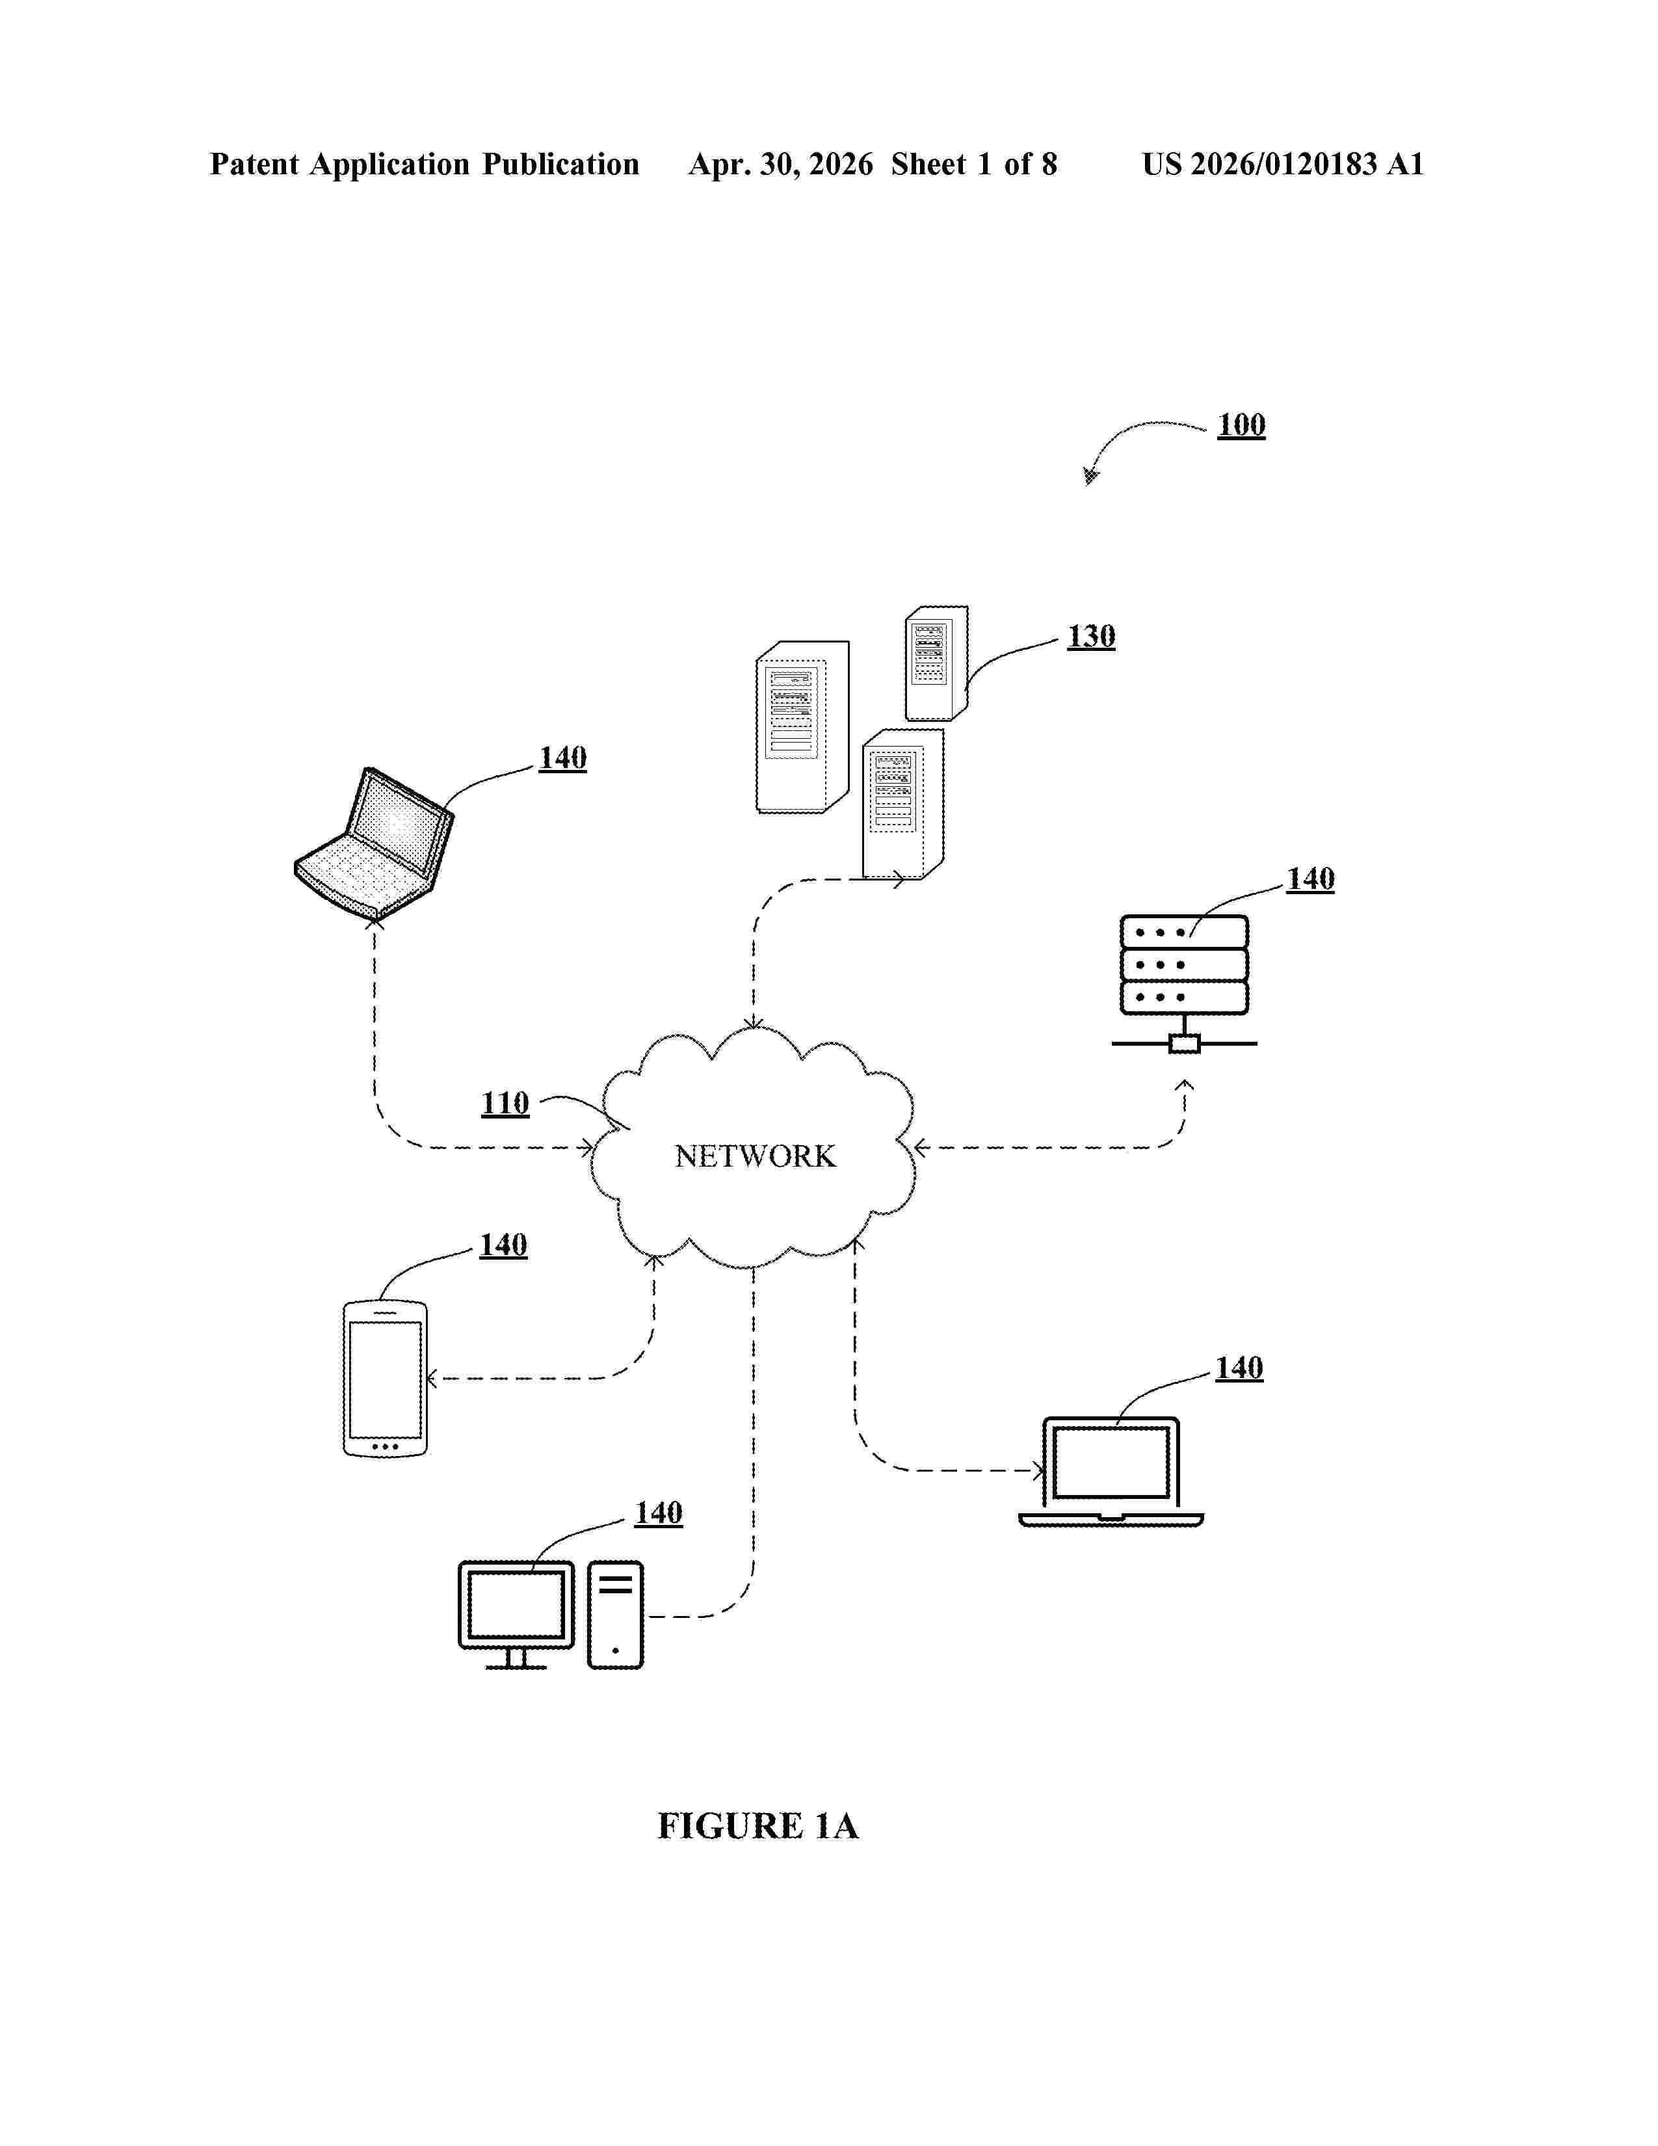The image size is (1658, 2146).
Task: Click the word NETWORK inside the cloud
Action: pos(754,1156)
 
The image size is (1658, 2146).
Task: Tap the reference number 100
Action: pos(1241,425)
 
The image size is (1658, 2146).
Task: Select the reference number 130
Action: pos(1091,636)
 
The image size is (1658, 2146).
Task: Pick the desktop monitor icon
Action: pos(517,1615)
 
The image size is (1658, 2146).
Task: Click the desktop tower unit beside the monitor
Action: pos(616,1615)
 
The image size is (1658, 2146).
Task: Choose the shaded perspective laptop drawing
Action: pos(375,843)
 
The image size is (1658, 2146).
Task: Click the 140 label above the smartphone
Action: pos(503,1245)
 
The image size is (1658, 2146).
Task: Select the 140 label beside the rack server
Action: pos(1310,879)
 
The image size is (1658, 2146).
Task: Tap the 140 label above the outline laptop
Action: pos(1239,1368)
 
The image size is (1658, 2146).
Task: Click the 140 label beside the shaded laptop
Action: pos(563,758)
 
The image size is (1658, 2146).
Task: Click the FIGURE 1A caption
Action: pos(757,1825)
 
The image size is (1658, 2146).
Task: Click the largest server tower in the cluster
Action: pos(802,727)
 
